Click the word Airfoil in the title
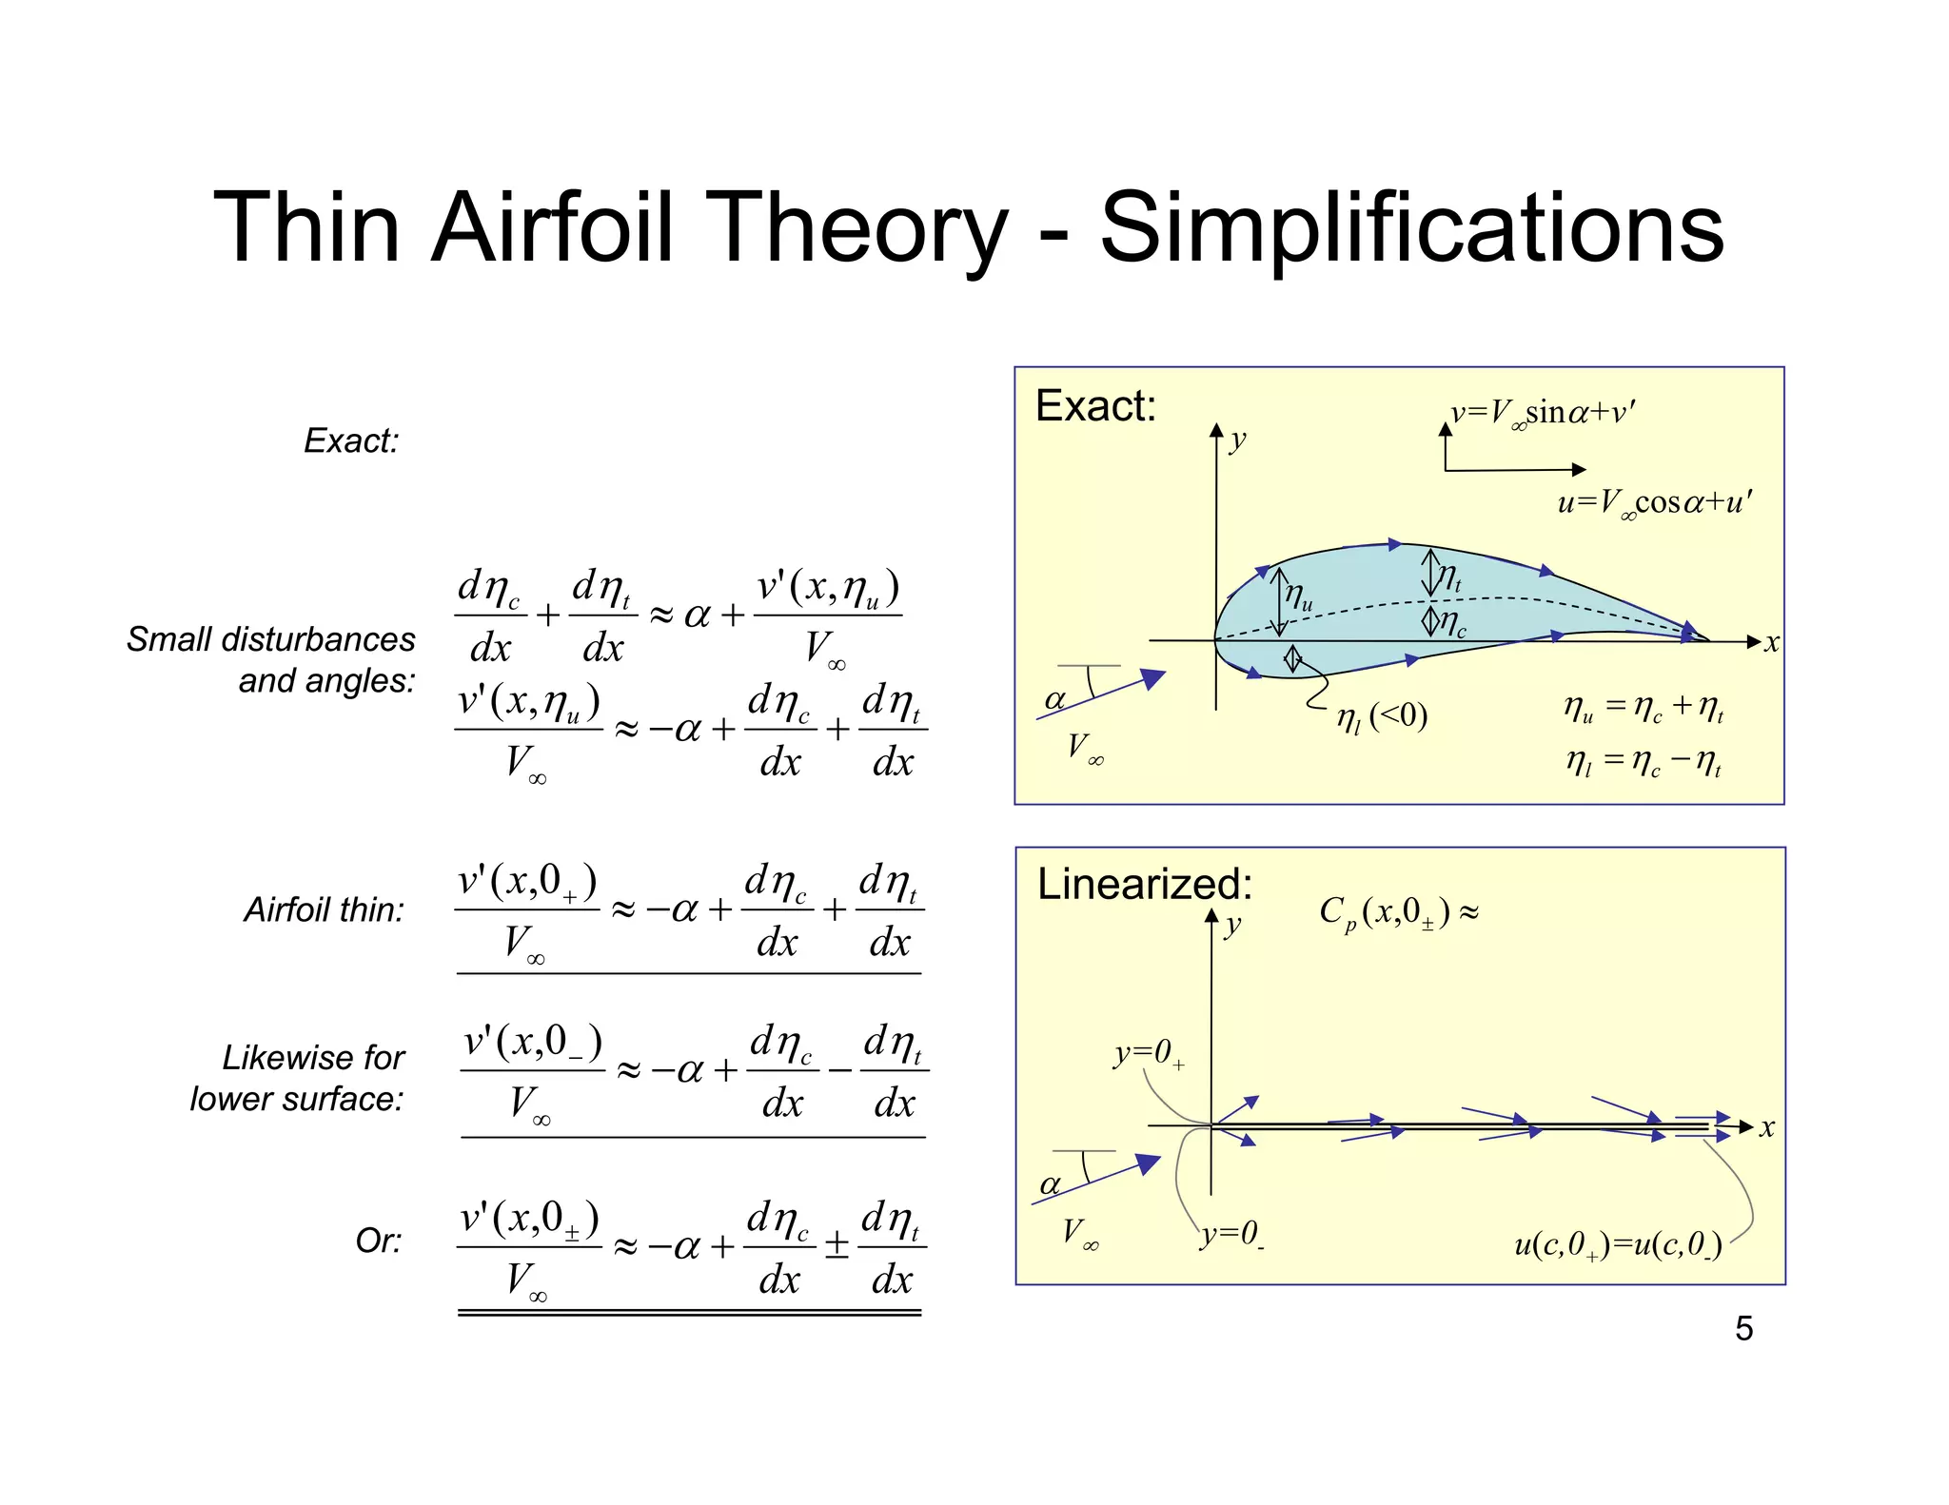point(553,228)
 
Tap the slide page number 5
point(1743,1328)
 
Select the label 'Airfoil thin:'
point(324,909)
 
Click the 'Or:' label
point(379,1241)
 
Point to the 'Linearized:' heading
point(1144,884)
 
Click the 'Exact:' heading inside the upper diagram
point(1095,406)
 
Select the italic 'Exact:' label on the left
point(351,440)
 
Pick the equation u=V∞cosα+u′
point(1654,502)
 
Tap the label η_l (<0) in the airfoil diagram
point(1382,716)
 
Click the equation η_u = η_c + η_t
point(1644,708)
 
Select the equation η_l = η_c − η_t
point(1644,762)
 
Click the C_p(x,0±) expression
point(1398,913)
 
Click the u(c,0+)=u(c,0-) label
point(1618,1244)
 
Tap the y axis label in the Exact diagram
point(1237,440)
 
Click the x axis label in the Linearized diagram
point(1767,1128)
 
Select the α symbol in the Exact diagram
point(1054,700)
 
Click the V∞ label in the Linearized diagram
point(1081,1233)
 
